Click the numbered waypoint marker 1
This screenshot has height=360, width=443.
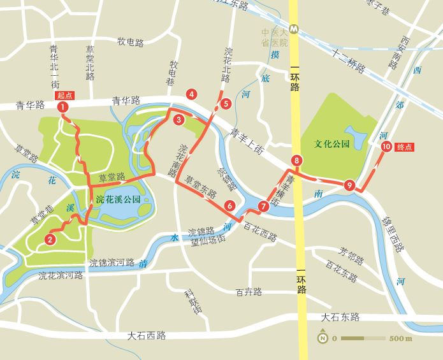[x=63, y=107]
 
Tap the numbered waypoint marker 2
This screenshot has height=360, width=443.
[x=49, y=240]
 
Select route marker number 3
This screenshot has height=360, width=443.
[x=179, y=119]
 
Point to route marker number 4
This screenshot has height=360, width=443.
[x=191, y=94]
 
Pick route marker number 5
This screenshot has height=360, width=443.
[x=225, y=103]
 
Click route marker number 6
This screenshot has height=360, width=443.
[x=229, y=205]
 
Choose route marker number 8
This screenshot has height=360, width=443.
[x=296, y=160]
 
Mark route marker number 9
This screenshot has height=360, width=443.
[x=349, y=185]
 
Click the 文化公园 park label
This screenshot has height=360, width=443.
[x=332, y=144]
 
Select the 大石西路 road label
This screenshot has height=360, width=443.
[x=146, y=334]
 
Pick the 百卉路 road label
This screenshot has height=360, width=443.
[x=249, y=292]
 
